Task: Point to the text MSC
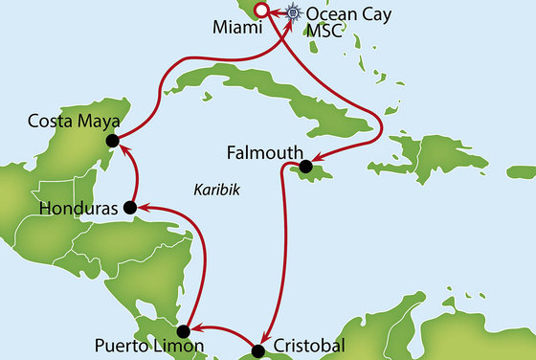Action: tap(324, 33)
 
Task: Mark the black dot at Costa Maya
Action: tap(112, 141)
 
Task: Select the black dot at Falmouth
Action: tap(304, 168)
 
